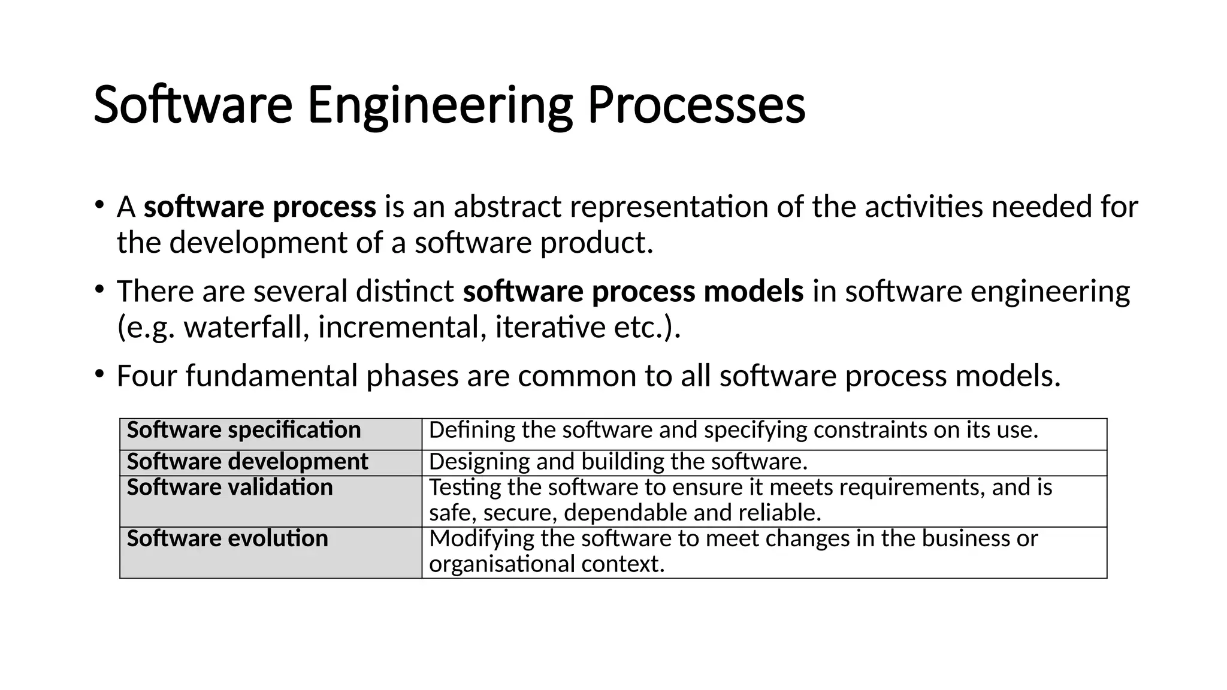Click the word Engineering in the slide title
[440, 105]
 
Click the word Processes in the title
[696, 105]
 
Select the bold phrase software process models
[633, 292]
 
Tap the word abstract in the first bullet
[507, 207]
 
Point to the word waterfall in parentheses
[246, 328]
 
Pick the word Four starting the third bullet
[147, 376]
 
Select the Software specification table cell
[271, 434]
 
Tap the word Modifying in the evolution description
[481, 538]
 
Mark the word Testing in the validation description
[464, 488]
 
